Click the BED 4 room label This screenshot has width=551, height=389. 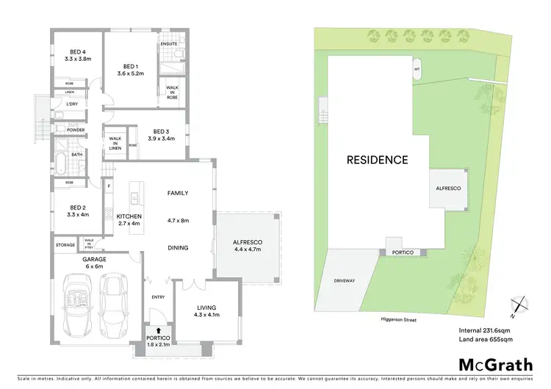[76, 51]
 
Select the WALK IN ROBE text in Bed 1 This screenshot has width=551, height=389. [172, 92]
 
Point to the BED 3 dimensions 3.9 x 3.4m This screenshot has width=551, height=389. [161, 138]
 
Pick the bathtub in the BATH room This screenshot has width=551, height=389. [61, 159]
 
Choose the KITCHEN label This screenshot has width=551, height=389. [129, 216]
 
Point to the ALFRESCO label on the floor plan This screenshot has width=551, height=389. [248, 241]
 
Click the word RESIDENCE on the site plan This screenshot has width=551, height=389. [377, 159]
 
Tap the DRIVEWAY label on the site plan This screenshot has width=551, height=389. [344, 280]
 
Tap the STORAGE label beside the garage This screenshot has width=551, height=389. [65, 244]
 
